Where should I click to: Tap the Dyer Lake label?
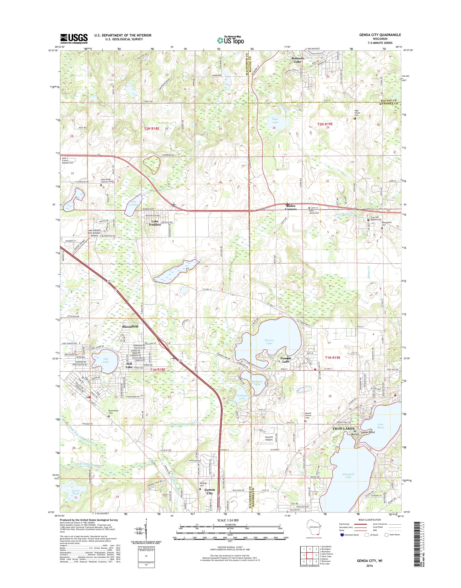pos(275,120)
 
